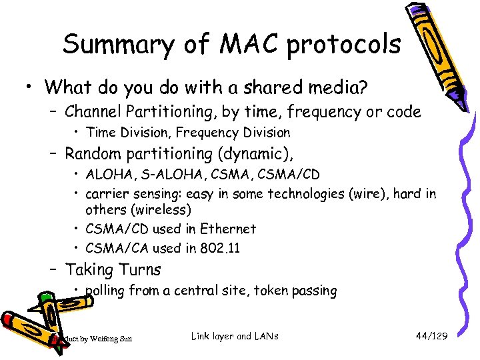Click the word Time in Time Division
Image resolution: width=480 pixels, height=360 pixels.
click(101, 133)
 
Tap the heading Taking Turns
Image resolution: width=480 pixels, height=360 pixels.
click(113, 269)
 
